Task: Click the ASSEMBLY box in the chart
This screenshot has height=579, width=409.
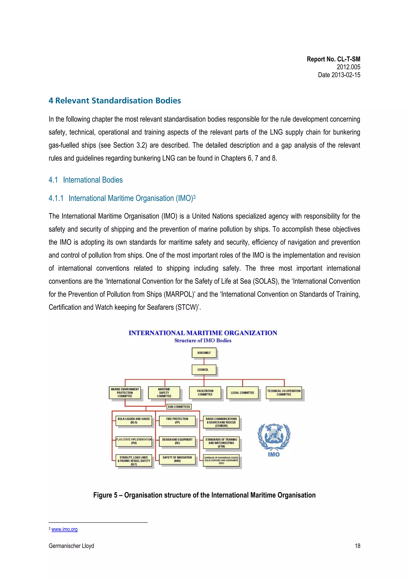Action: point(204,353)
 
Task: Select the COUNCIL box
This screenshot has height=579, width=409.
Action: point(204,370)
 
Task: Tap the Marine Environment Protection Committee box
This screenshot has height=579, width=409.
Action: point(125,393)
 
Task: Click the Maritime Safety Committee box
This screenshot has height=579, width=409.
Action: point(164,393)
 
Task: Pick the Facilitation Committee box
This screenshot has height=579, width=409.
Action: point(205,393)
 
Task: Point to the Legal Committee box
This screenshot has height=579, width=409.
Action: point(242,393)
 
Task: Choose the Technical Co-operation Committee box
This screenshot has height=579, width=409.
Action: point(284,393)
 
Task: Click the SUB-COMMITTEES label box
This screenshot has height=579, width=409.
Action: point(179,407)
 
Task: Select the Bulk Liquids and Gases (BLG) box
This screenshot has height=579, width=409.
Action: point(134,421)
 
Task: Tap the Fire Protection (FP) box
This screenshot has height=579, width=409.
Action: point(177,421)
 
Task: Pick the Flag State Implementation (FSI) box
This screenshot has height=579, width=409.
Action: point(134,441)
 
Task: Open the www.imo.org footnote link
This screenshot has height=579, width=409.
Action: point(65,529)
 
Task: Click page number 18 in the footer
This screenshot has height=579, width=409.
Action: point(357,546)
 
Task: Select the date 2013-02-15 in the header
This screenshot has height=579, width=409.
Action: point(339,75)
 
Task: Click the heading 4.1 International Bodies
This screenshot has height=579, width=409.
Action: point(86,180)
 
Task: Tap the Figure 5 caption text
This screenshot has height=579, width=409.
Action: point(204,495)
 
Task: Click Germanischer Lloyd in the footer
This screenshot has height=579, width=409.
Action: point(71,546)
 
